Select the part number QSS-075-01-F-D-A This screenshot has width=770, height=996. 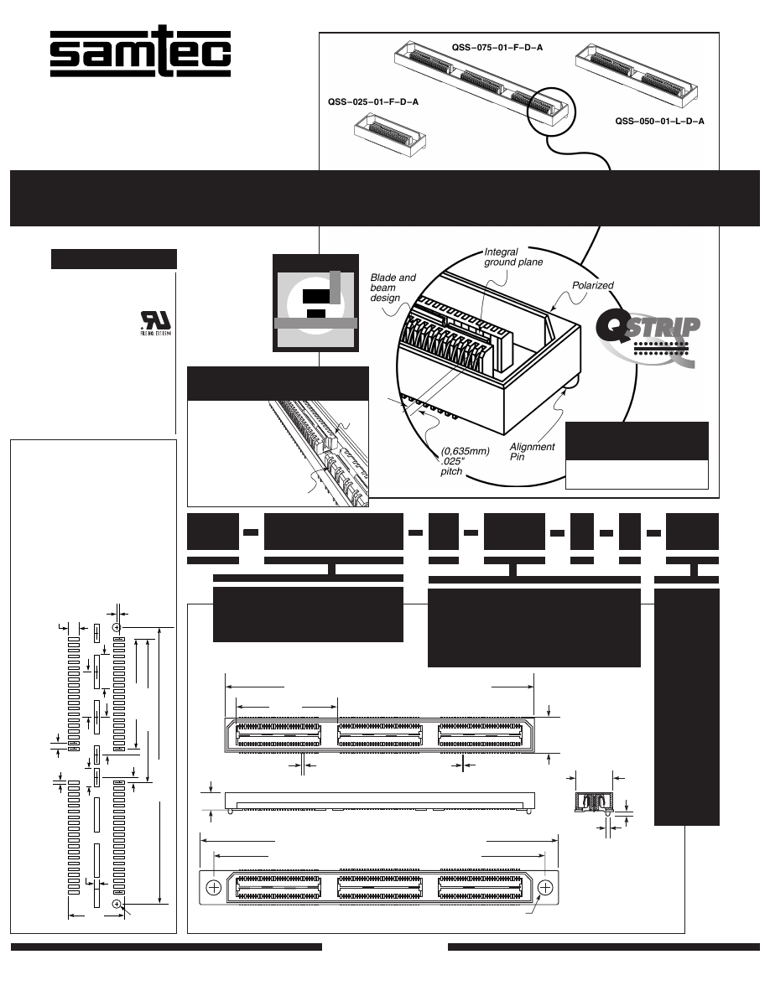(x=497, y=48)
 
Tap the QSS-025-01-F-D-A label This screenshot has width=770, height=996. (x=373, y=102)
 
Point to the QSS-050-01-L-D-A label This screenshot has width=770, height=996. (x=659, y=122)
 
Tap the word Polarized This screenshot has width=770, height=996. (x=593, y=286)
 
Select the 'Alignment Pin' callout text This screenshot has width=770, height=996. (x=532, y=452)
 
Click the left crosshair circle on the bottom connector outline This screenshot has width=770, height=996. (x=214, y=888)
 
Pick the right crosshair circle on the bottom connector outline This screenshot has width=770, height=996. (x=547, y=888)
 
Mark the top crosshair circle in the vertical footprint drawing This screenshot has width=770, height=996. (x=117, y=627)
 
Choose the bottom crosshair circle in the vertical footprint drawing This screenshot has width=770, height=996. (x=117, y=903)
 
